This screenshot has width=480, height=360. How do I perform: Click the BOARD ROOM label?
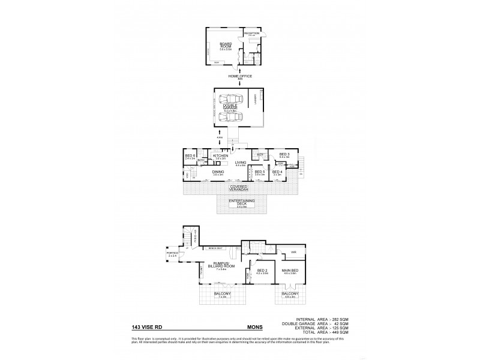click(x=225, y=45)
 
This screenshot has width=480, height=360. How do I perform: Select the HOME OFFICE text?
click(x=240, y=76)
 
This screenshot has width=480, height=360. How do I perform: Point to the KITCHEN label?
click(x=221, y=156)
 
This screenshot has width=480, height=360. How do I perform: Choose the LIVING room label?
click(x=240, y=163)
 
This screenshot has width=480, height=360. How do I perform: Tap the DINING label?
click(x=218, y=172)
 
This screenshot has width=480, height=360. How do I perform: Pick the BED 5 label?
click(x=260, y=172)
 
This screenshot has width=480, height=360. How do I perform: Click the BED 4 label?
click(x=277, y=172)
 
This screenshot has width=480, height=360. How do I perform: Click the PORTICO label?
click(x=172, y=253)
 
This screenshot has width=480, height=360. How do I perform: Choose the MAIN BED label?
click(x=290, y=272)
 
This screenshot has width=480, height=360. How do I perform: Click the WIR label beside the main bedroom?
click(x=293, y=252)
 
